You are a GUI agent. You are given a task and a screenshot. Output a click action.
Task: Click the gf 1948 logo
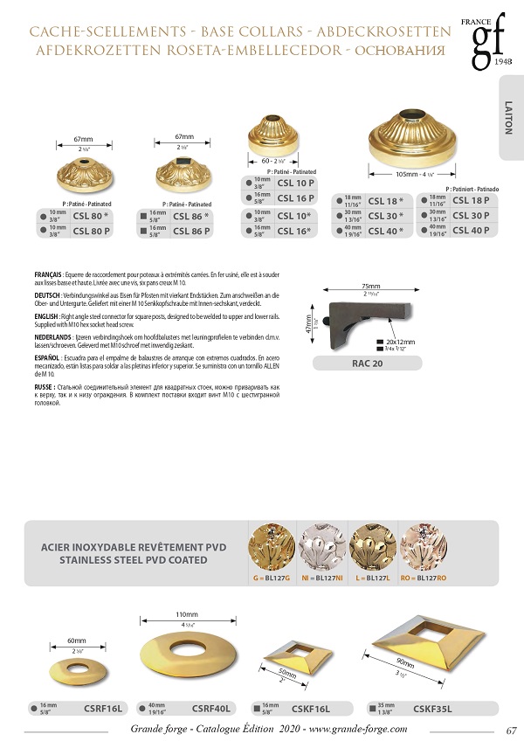click(483, 42)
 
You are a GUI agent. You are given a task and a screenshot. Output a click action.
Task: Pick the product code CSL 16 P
click(296, 198)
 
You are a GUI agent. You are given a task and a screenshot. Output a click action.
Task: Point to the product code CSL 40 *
click(386, 232)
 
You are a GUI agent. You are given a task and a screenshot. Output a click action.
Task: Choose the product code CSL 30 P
click(470, 216)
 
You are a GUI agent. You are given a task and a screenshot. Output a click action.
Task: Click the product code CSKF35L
click(432, 708)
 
